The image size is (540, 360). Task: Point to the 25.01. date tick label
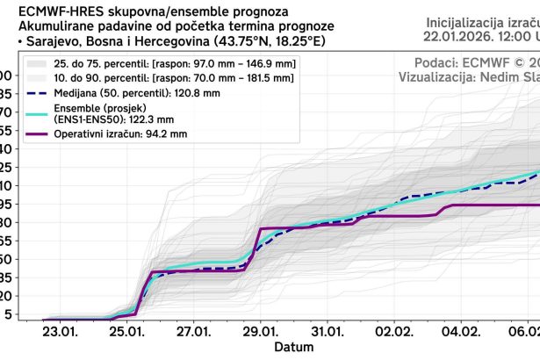[x=128, y=333]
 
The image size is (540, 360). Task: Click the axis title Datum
[x=292, y=348]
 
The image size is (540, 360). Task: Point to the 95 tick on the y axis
[x=7, y=204]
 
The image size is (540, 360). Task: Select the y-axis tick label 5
[x=8, y=314]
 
